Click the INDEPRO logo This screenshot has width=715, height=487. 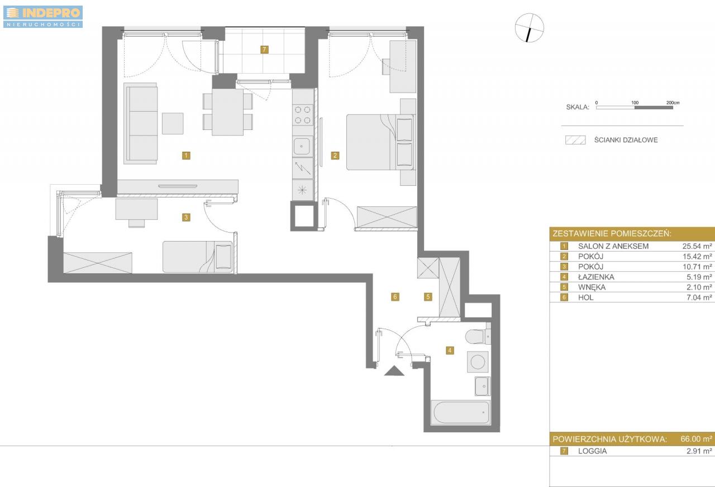click(43, 17)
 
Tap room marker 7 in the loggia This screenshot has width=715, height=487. click(264, 50)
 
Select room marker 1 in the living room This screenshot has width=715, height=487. click(186, 156)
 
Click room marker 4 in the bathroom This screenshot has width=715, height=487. click(450, 350)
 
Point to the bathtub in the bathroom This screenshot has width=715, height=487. click(461, 412)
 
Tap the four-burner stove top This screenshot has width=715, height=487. click(303, 115)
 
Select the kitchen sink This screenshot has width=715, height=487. click(302, 146)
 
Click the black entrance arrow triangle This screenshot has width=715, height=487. click(394, 371)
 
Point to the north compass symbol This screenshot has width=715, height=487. click(529, 28)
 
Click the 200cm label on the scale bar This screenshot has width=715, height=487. click(673, 103)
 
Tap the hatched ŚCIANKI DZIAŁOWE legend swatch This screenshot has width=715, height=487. click(575, 140)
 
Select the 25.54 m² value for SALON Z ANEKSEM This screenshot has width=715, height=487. click(697, 246)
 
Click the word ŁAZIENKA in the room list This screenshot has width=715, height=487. click(596, 277)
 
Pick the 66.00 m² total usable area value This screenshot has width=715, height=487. click(696, 439)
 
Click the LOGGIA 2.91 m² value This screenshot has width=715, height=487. click(699, 451)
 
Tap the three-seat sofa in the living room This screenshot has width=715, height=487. click(141, 124)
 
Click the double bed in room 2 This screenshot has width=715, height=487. click(381, 142)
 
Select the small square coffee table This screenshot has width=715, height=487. click(173, 123)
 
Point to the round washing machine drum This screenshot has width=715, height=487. click(478, 362)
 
